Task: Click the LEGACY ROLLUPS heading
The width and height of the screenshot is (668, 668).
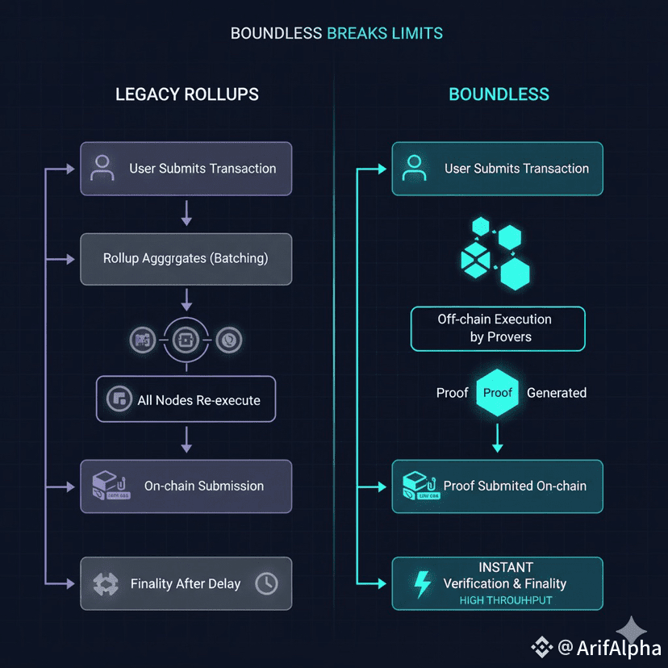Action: click(x=187, y=94)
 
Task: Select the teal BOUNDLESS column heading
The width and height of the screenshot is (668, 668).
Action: click(x=499, y=94)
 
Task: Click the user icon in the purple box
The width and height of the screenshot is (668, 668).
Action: click(x=102, y=168)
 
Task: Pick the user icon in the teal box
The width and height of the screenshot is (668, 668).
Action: click(x=414, y=168)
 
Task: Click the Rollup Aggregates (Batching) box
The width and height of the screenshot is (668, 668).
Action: click(x=186, y=259)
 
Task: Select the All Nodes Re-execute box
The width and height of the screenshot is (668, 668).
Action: click(x=186, y=399)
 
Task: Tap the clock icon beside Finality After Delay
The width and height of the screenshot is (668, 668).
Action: click(x=265, y=583)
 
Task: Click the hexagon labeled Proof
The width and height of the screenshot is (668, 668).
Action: click(x=498, y=393)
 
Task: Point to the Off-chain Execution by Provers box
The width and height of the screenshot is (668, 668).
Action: click(x=498, y=328)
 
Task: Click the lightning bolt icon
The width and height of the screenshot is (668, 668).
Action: click(x=421, y=583)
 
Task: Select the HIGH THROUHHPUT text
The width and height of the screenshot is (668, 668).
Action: click(x=506, y=600)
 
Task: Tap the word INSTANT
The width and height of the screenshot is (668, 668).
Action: click(x=506, y=567)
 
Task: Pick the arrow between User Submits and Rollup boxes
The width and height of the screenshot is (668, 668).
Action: click(x=186, y=214)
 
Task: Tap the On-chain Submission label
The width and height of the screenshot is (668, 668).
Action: click(x=204, y=486)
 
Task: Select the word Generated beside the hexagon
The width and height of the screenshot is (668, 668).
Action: click(x=557, y=393)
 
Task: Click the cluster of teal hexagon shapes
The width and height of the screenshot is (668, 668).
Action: click(x=494, y=252)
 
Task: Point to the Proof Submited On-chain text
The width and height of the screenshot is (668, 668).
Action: click(x=515, y=486)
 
